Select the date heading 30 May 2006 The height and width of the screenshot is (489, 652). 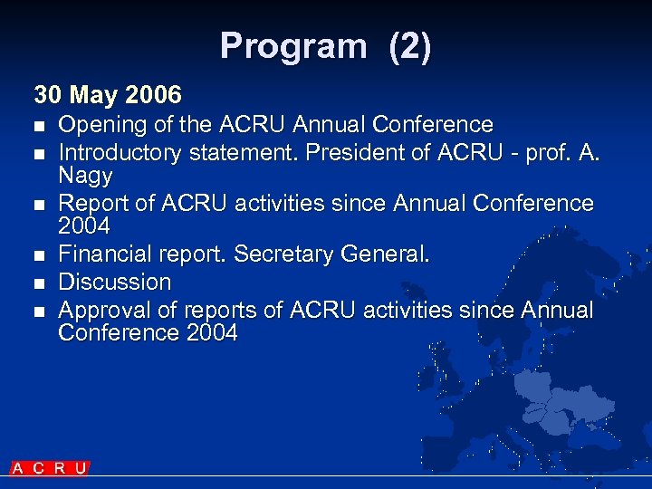(x=108, y=94)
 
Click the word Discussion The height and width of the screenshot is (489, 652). (x=114, y=282)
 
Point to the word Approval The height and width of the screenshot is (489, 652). (x=103, y=311)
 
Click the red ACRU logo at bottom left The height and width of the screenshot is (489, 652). (x=50, y=468)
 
